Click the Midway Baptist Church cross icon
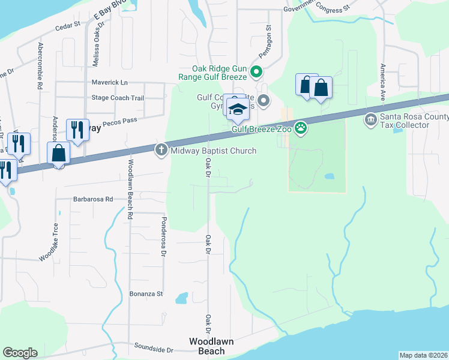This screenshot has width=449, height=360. tap(161, 150)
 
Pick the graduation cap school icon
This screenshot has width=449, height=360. tap(238, 109)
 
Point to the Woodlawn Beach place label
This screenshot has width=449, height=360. tap(207, 346)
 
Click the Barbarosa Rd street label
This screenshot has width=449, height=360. tap(93, 199)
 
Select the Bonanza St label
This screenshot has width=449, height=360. tap(146, 294)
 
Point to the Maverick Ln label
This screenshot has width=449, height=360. tap(110, 82)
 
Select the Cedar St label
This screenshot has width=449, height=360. tap(67, 26)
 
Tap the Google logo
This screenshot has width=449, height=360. tap(20, 353)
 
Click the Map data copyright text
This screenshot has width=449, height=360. tap(424, 355)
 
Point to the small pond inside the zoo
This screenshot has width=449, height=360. tap(329, 177)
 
